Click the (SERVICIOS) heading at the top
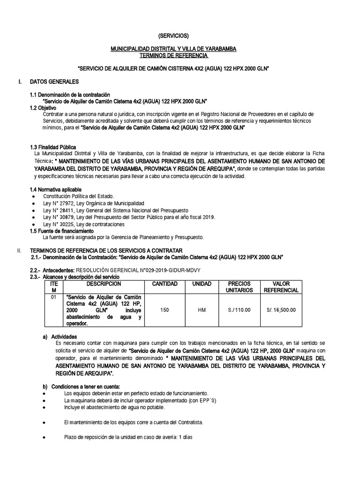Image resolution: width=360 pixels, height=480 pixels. (173, 36)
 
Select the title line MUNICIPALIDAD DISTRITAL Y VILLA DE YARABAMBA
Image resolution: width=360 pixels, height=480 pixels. (173, 49)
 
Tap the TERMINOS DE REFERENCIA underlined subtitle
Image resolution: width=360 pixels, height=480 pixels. (173, 55)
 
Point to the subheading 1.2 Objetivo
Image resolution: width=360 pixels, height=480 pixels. (45, 108)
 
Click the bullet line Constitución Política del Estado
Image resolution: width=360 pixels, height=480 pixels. (78, 196)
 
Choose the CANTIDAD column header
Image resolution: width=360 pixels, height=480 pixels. (165, 284)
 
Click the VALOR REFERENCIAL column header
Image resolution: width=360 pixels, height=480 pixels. (281, 287)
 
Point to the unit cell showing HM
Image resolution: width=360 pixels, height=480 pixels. (202, 310)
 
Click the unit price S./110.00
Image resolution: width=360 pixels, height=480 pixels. (239, 310)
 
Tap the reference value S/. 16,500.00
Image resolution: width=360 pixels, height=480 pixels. (281, 310)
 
